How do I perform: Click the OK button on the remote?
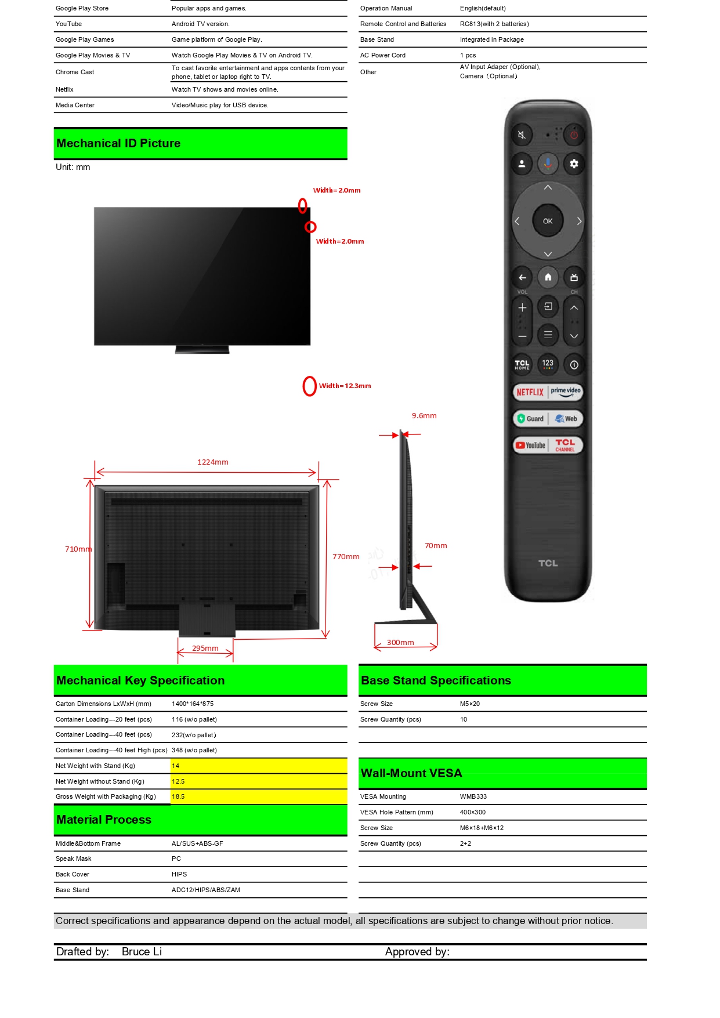point(548,221)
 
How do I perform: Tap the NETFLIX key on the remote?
point(530,392)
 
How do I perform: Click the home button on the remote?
point(548,277)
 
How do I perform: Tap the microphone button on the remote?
point(548,164)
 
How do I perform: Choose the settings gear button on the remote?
point(574,164)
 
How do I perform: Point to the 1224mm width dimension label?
point(213,462)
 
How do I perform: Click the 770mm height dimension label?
point(346,557)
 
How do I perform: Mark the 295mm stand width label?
point(205,649)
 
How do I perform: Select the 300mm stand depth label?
point(400,643)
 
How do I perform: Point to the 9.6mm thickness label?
point(424,416)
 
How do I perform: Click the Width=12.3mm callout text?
point(345,386)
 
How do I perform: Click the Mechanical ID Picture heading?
point(118,143)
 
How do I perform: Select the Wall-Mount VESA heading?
point(411,773)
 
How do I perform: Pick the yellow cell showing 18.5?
point(259,797)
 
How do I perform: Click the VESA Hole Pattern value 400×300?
point(473,813)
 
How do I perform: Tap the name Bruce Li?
point(142,952)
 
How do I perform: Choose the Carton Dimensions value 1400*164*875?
point(193,704)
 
